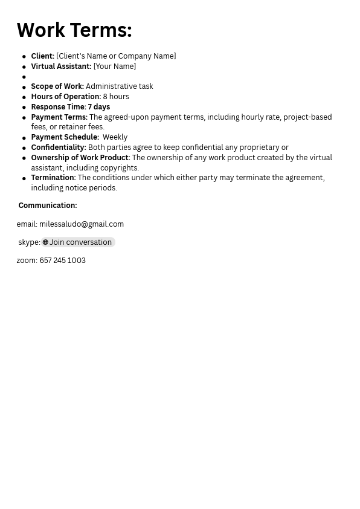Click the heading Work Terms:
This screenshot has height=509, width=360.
pyautogui.click(x=74, y=30)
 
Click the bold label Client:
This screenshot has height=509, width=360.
pyautogui.click(x=42, y=56)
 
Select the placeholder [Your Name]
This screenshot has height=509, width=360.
pyautogui.click(x=114, y=66)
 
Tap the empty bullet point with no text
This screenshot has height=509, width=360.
pyautogui.click(x=24, y=77)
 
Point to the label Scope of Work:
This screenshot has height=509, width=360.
pyautogui.click(x=57, y=86)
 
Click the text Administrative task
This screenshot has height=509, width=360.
pyautogui.click(x=119, y=86)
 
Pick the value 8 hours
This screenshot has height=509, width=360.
pyautogui.click(x=115, y=97)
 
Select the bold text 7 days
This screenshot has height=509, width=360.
pyautogui.click(x=99, y=107)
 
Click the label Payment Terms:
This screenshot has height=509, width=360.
pyautogui.click(x=59, y=117)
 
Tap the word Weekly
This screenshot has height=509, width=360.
pyautogui.click(x=115, y=137)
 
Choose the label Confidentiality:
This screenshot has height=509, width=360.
pyautogui.click(x=58, y=148)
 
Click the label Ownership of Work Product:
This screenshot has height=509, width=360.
pyautogui.click(x=80, y=158)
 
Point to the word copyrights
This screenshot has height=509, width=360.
pyautogui.click(x=120, y=168)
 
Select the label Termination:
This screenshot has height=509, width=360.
pyautogui.click(x=53, y=178)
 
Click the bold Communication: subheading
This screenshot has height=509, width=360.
pyautogui.click(x=47, y=206)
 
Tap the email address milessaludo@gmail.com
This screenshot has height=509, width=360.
pyautogui.click(x=82, y=224)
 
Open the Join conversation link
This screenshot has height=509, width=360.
pyautogui.click(x=80, y=242)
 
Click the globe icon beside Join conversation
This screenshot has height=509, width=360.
pyautogui.click(x=45, y=242)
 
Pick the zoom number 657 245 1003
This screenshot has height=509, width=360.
pyautogui.click(x=62, y=261)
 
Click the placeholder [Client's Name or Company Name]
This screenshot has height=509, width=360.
pyautogui.click(x=116, y=56)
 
